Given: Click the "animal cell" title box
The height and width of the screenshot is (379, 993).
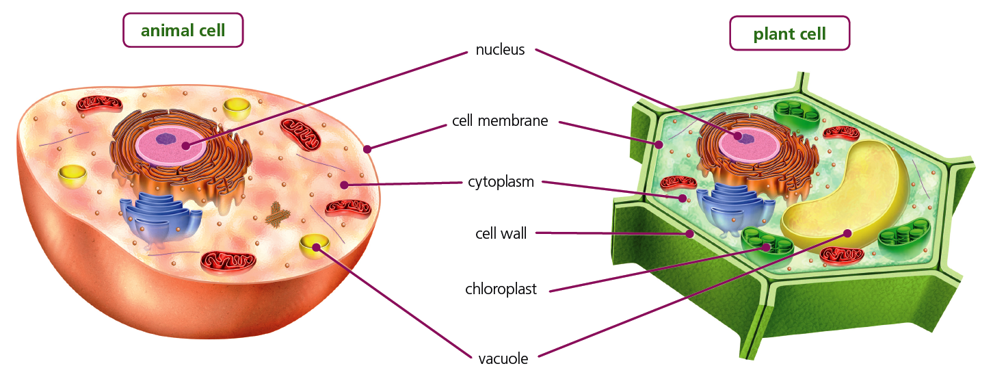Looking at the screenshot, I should (183, 30).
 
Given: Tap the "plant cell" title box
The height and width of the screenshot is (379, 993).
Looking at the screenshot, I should (789, 34).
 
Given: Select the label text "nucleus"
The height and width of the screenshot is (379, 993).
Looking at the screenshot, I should (500, 49).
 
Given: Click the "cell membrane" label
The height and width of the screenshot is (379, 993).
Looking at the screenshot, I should (500, 121).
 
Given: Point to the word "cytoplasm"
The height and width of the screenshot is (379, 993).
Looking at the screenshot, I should (501, 182).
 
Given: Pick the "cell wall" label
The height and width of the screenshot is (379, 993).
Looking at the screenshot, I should (501, 233).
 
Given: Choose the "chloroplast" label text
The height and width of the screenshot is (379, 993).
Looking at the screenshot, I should (501, 289).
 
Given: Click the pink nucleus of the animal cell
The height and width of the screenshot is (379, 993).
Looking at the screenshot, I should (169, 145).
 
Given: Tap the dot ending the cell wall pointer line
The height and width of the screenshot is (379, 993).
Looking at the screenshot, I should (690, 234).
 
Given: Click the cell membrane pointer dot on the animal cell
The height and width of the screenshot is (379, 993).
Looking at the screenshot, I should (367, 148).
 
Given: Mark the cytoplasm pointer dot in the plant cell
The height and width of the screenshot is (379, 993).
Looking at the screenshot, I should (682, 199).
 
